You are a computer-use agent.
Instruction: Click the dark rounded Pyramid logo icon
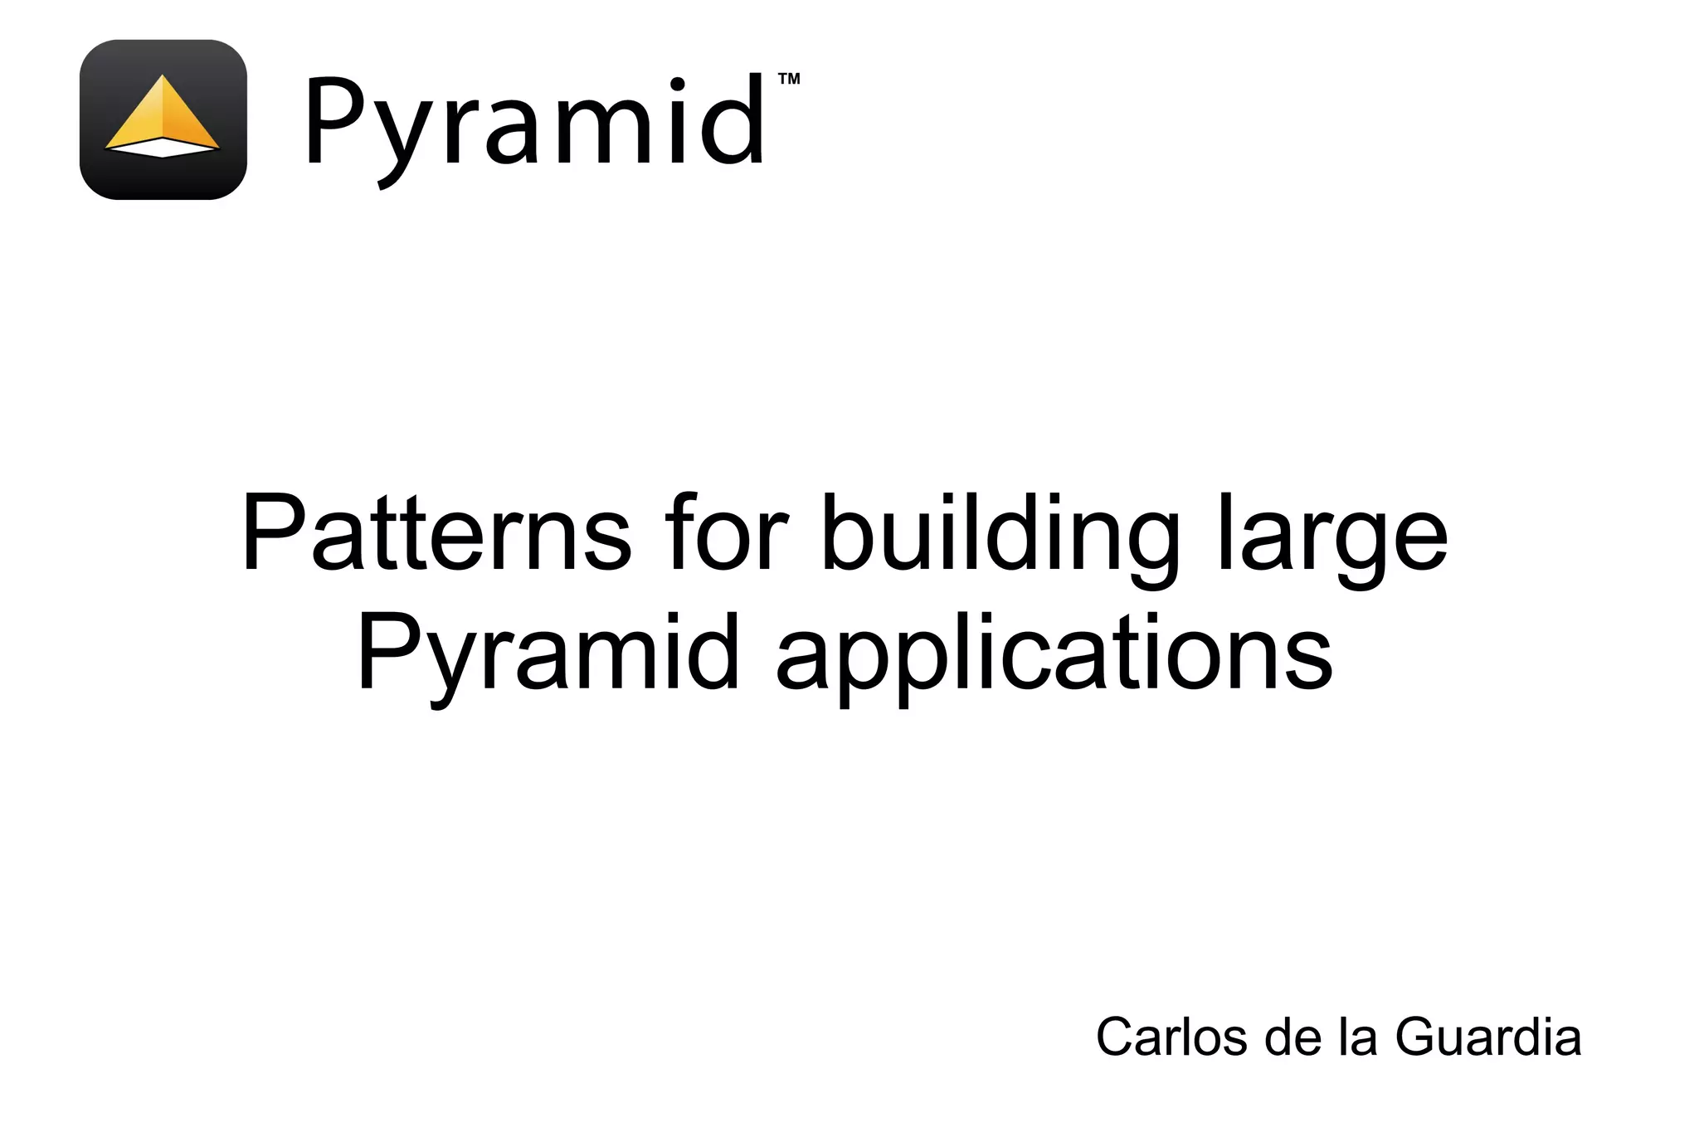(x=163, y=119)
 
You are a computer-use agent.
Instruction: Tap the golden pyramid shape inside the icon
(x=163, y=116)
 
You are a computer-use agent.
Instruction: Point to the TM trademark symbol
(x=789, y=80)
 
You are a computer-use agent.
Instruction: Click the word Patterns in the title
(x=436, y=533)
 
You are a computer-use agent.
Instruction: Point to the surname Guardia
(x=1488, y=1037)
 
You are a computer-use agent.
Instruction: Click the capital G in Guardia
(x=1416, y=1037)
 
